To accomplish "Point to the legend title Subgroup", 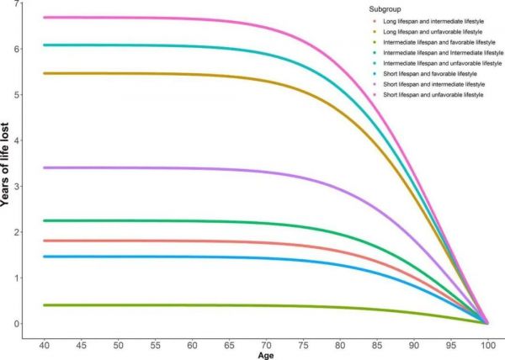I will point(374,9).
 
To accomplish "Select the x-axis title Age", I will point(265,356).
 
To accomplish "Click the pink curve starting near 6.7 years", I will point(168,18).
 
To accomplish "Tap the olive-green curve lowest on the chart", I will point(168,305).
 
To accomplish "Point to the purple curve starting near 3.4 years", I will point(168,168).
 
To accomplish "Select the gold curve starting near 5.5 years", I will point(168,73).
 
